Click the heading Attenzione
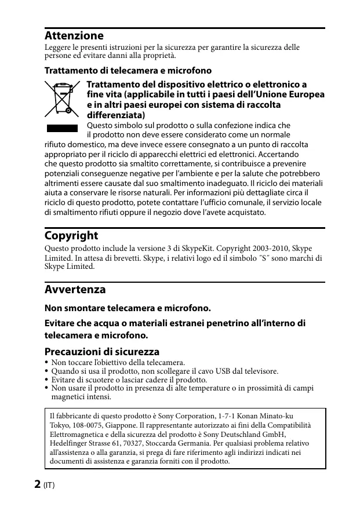coord(74,35)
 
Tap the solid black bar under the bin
coord(61,127)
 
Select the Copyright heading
coord(71,236)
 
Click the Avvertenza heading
coord(75,289)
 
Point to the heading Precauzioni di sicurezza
coord(101,352)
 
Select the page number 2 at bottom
coord(37,484)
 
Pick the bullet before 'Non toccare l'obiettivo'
coord(47,363)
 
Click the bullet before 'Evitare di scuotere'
coord(47,380)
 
